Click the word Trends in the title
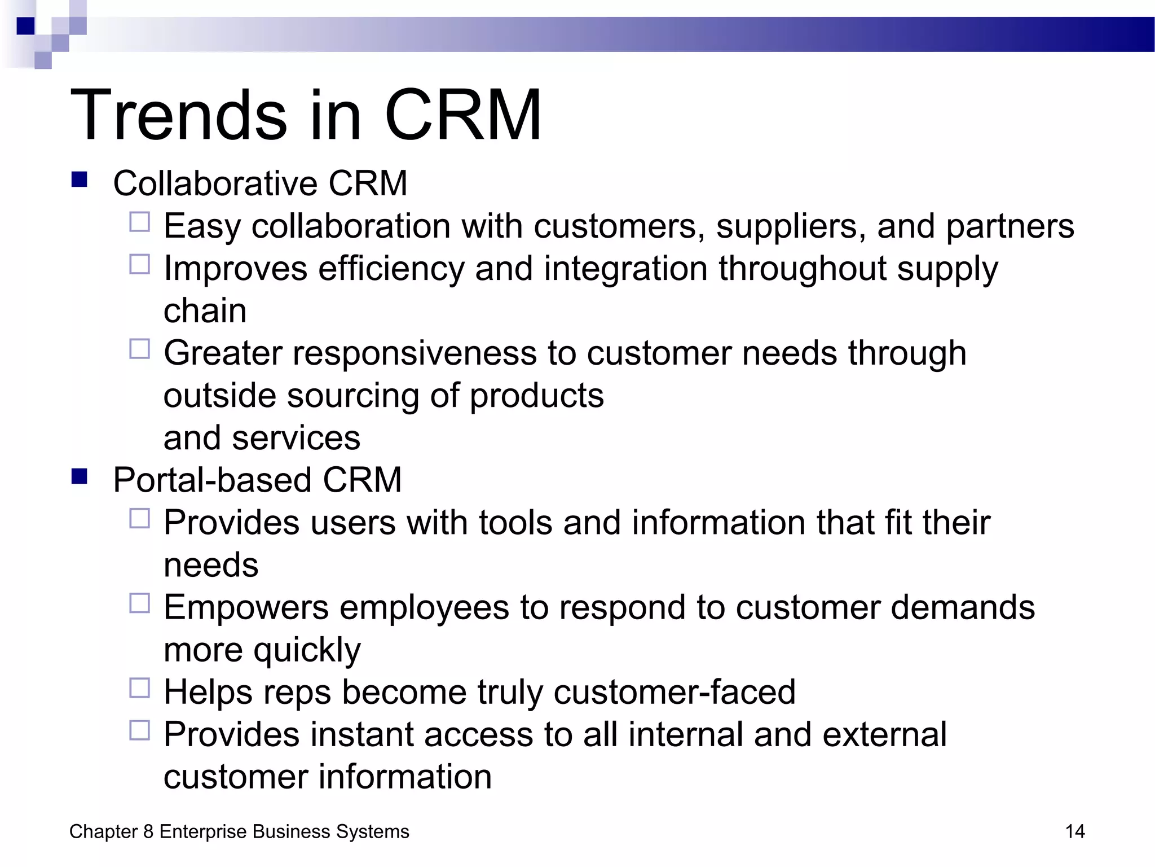179,116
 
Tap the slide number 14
1074,831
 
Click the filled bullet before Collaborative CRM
80,179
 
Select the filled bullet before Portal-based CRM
80,476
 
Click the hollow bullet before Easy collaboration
139,222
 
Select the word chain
205,311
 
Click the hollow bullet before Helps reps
139,688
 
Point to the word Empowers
246,608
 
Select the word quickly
307,650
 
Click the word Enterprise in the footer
204,831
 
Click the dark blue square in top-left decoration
25,26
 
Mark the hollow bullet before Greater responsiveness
139,349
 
